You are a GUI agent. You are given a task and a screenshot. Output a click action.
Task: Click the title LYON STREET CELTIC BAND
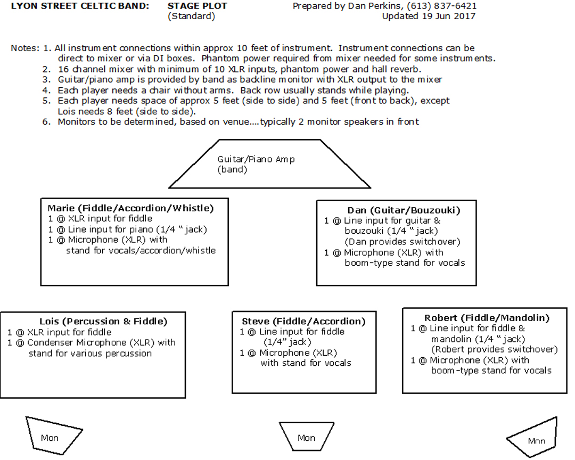(x=80, y=6)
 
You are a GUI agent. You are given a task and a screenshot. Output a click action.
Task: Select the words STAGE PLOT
(x=198, y=6)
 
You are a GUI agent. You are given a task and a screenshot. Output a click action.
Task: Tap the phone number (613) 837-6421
(x=441, y=6)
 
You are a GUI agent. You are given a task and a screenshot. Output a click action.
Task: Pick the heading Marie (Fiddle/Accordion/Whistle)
(x=130, y=208)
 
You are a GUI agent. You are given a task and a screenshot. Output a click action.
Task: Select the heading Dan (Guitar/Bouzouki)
(x=404, y=210)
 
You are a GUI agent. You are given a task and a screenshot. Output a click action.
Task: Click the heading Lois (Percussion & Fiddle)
(x=103, y=322)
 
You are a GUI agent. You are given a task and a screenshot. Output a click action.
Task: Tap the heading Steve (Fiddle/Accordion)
(x=303, y=322)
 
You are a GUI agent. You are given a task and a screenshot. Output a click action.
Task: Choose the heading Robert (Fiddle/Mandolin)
(x=487, y=318)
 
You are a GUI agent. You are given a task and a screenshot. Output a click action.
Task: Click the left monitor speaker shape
(x=54, y=436)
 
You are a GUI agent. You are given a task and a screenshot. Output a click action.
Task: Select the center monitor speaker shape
(x=307, y=437)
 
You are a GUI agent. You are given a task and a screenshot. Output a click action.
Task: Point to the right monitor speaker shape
(x=532, y=437)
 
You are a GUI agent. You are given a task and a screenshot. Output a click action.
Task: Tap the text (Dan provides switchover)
(x=402, y=242)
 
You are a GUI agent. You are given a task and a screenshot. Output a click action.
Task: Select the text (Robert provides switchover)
(x=494, y=350)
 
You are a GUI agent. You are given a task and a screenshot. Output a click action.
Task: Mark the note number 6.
(x=46, y=122)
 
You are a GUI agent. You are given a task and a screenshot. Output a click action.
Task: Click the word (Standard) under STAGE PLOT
(x=192, y=17)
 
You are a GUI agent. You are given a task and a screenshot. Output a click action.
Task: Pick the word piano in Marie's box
(x=142, y=230)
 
